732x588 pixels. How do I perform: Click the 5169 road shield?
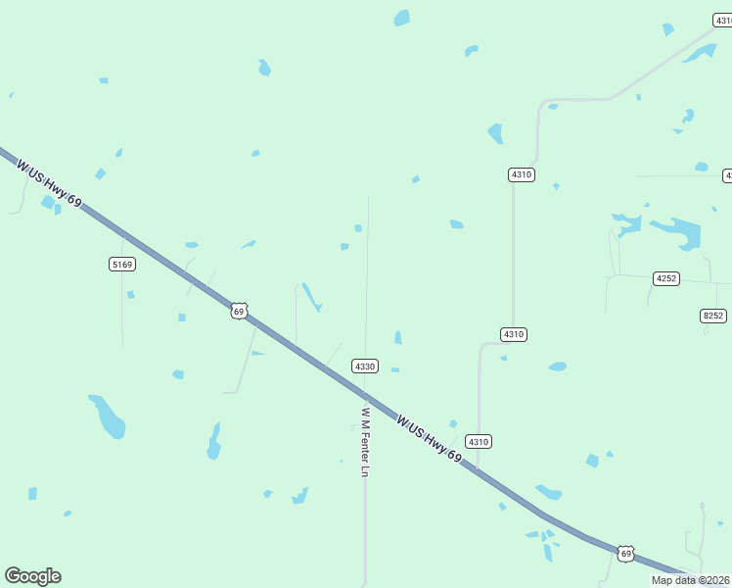[122, 265]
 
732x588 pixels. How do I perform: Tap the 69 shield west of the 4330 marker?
[239, 311]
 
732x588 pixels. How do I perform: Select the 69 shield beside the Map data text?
[626, 554]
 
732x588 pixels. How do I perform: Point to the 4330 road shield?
[365, 366]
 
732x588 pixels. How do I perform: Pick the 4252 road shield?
[666, 278]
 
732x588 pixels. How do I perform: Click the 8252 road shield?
[713, 315]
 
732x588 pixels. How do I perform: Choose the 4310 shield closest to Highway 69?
[478, 441]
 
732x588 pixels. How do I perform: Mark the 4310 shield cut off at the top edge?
[722, 20]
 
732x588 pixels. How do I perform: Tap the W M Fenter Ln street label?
[365, 442]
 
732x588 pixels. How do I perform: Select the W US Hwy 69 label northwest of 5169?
[49, 181]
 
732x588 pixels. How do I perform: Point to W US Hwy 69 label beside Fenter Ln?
[430, 438]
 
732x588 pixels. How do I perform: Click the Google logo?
[32, 576]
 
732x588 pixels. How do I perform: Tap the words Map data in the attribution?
[673, 580]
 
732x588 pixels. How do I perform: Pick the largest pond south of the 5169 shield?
[108, 416]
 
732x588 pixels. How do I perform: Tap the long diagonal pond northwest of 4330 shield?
[311, 297]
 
